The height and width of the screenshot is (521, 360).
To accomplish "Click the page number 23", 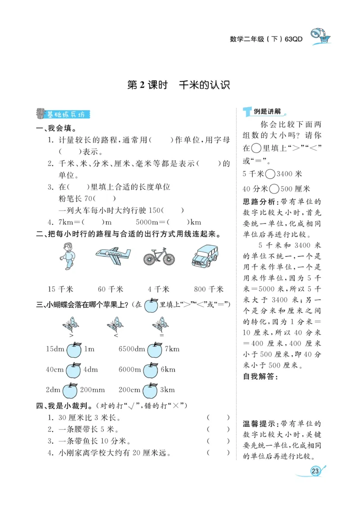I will pos(315,471).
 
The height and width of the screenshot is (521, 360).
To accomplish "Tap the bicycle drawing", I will pos(159,256).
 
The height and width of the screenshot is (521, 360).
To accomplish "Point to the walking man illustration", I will pos(68,256).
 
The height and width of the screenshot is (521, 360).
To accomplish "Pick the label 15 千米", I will pos(60,289).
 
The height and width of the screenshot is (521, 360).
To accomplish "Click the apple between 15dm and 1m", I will pos(73,349).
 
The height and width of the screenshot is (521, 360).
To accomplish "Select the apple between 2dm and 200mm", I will pos(70,390).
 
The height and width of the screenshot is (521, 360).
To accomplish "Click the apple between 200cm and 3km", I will pos(151,390).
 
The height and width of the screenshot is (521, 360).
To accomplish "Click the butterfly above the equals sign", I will pos(160,324).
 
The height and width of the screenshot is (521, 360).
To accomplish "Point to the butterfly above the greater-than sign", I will pos(71,324).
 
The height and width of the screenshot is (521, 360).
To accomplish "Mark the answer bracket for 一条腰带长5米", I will pos(218,429).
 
